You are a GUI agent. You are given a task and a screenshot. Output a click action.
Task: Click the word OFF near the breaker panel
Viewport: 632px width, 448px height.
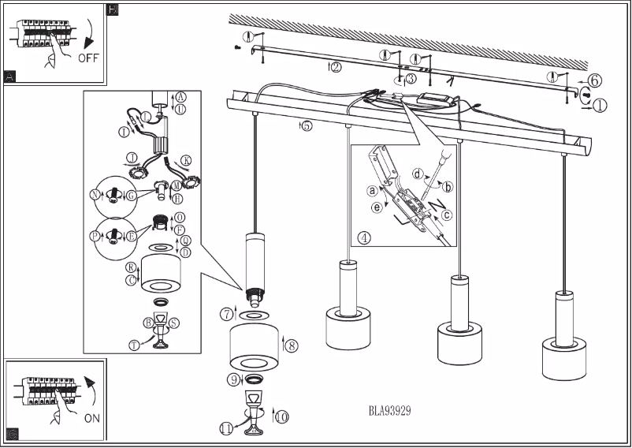[x=89, y=58]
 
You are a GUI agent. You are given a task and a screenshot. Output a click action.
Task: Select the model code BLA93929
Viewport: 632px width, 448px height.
[x=389, y=411]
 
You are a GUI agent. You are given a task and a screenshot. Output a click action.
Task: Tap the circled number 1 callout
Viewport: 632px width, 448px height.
[x=600, y=105]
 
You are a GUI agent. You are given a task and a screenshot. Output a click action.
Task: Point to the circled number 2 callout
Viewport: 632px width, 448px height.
[x=336, y=67]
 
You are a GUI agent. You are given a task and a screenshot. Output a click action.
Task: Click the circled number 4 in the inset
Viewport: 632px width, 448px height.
[x=363, y=237]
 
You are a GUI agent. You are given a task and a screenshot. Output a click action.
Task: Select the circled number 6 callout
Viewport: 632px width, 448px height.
[x=595, y=80]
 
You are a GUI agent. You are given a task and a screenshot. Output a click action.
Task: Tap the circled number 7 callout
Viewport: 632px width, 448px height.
[x=226, y=315]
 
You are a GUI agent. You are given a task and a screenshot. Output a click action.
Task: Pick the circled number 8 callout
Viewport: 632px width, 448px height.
[x=291, y=345]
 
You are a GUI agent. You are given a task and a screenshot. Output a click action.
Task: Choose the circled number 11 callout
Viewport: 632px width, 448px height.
[x=227, y=428]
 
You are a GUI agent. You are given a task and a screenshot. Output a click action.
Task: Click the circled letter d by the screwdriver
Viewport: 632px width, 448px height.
[x=418, y=173]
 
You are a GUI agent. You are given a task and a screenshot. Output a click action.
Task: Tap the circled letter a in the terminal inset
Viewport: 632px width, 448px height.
[x=370, y=190]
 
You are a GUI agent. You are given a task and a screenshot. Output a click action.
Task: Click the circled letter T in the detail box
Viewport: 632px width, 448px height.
[x=135, y=344]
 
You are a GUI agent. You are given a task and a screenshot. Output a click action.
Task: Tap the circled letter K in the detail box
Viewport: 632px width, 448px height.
[x=185, y=159]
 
